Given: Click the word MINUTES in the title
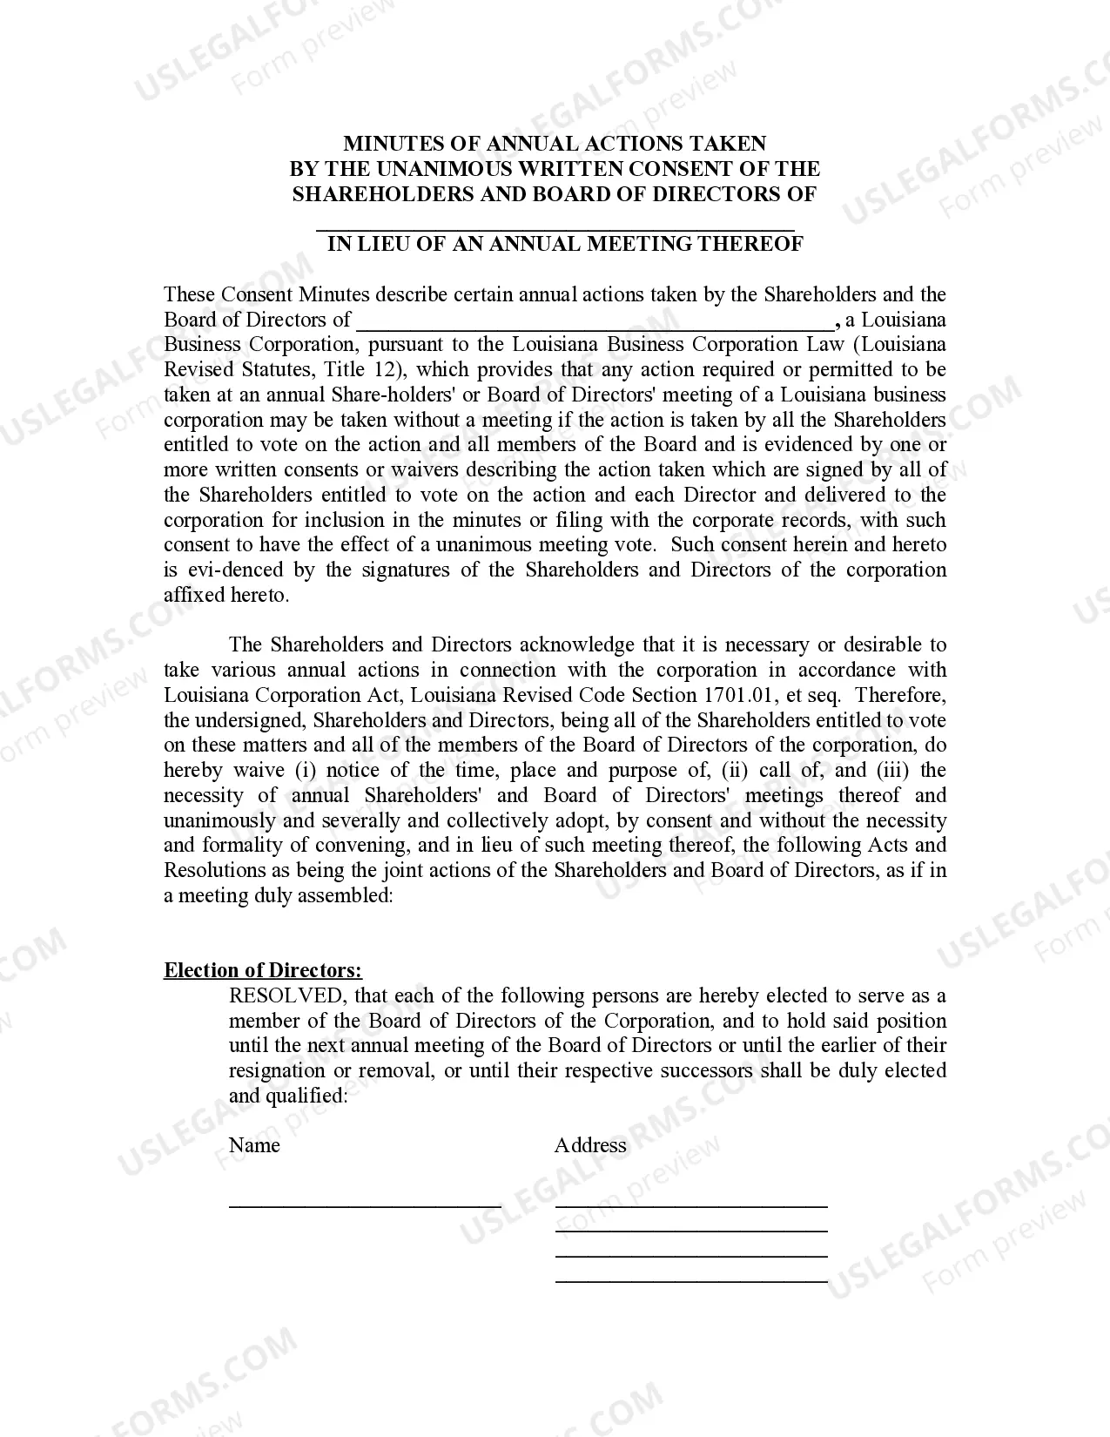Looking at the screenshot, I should pos(384,144).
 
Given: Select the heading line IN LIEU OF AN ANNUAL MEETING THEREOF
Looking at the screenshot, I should pos(564,244).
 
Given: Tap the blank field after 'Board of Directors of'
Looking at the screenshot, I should pos(595,322).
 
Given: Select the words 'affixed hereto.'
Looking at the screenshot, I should pos(226,596).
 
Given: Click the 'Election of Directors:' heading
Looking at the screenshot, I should pos(263,971).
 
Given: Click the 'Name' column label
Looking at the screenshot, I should pos(254,1146).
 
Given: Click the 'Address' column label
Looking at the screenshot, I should pos(590,1146).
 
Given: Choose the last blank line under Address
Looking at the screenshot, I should pos(691,1278).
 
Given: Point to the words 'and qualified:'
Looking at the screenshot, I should pos(288,1096).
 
